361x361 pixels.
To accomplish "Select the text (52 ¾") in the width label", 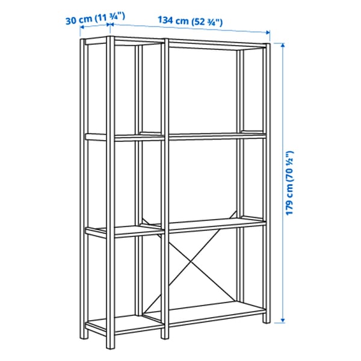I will (208, 22).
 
